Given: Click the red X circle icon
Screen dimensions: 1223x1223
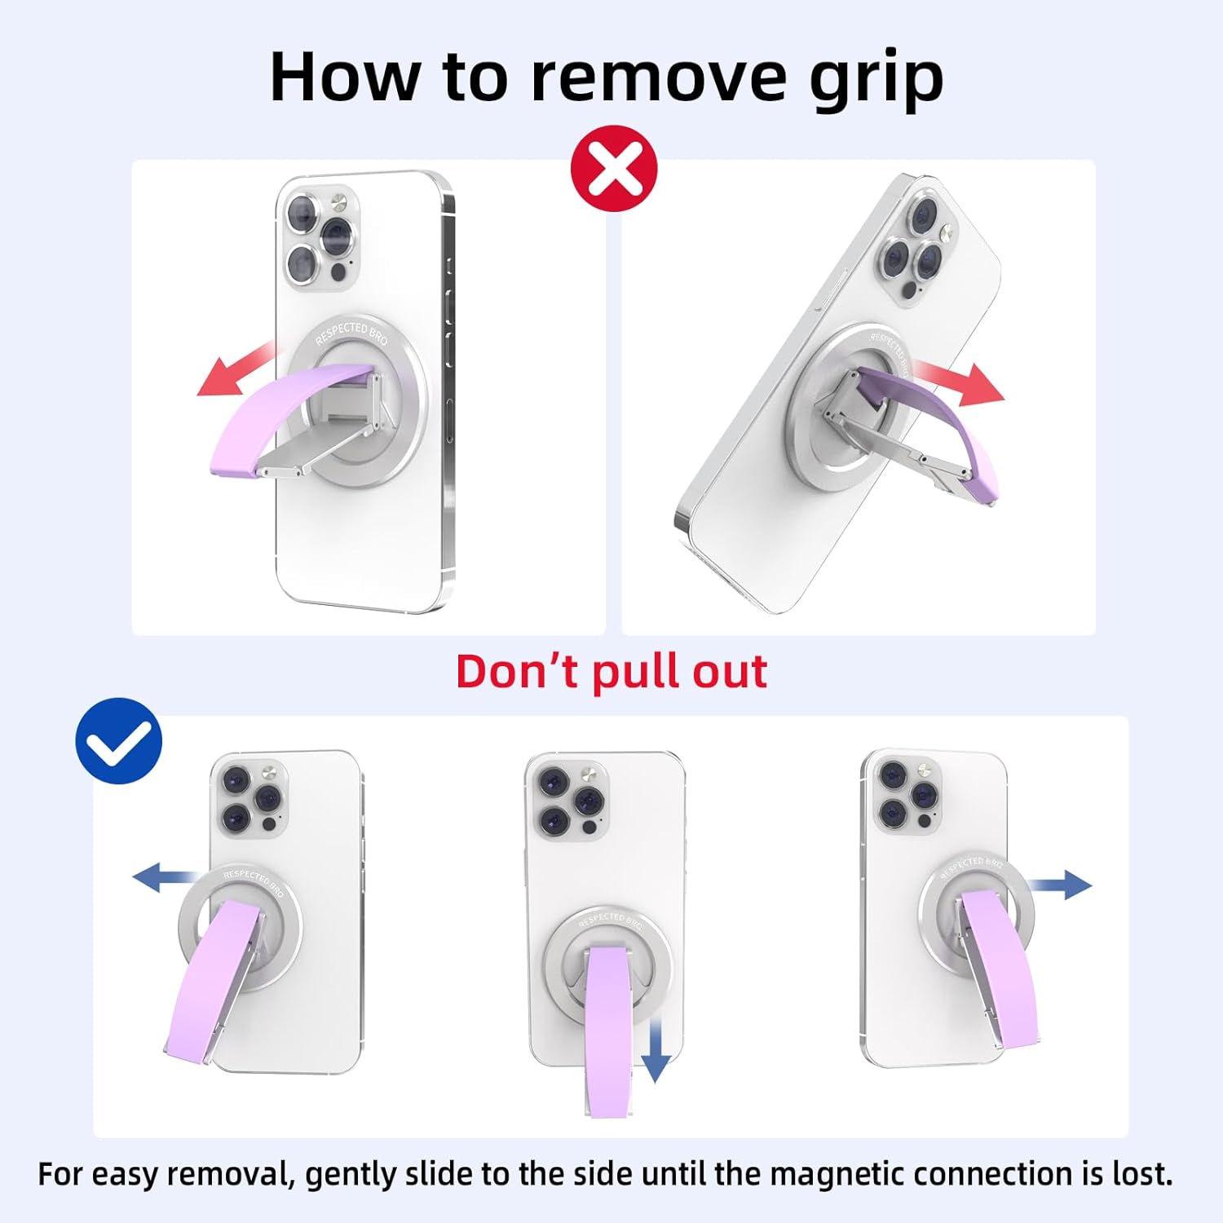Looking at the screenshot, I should [613, 169].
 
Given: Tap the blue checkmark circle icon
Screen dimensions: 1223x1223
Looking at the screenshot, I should [118, 740].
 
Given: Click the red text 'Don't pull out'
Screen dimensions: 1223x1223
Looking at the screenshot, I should [611, 672].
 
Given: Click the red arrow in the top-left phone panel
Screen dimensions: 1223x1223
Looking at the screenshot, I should [236, 371].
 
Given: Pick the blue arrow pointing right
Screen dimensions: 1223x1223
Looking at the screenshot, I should [1060, 885].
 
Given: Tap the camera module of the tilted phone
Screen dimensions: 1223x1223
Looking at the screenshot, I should [917, 245].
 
